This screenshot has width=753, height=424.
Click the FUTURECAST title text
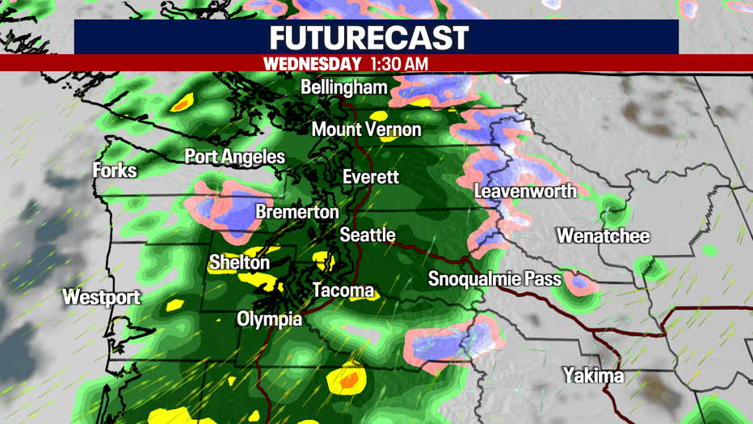click(x=368, y=37)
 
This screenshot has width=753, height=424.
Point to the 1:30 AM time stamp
click(x=399, y=62)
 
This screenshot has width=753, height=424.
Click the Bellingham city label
click(x=344, y=87)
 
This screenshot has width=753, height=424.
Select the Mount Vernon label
click(x=366, y=129)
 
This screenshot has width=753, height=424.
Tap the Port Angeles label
click(x=234, y=157)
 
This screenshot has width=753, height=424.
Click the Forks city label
click(x=115, y=172)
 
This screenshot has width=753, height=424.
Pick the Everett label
click(x=370, y=177)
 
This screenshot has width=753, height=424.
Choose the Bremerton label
click(x=297, y=212)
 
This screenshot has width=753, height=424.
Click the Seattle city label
click(x=367, y=235)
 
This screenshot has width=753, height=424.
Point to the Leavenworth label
click(x=525, y=192)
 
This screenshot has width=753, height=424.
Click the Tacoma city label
click(x=343, y=290)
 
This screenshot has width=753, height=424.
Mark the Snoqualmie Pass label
click(x=494, y=280)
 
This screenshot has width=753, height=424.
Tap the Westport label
click(x=101, y=297)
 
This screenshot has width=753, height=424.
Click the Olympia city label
click(x=270, y=320)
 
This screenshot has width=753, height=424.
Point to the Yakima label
click(x=594, y=376)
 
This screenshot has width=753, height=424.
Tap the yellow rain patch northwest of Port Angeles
click(x=182, y=103)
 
